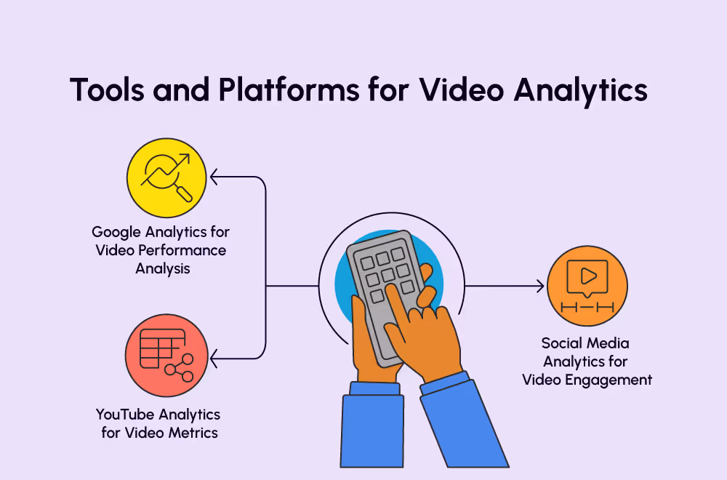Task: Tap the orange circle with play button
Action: click(587, 286)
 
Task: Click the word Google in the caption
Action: click(119, 232)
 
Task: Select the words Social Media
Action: click(585, 343)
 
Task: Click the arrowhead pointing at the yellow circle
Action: click(214, 176)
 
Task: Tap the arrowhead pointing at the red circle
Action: click(214, 359)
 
